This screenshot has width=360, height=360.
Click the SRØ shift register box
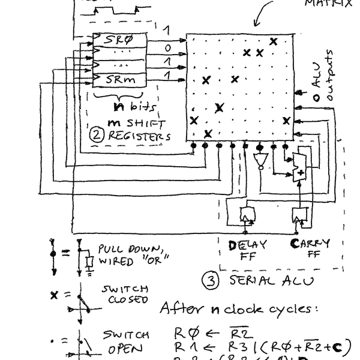click(120, 40)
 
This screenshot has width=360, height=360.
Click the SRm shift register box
click(120, 79)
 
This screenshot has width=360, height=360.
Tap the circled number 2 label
click(95, 135)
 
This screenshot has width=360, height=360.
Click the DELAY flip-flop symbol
click(246, 214)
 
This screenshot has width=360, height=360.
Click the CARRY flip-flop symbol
click(298, 214)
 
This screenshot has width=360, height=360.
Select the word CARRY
click(310, 244)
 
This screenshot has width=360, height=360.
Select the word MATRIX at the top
click(327, 3)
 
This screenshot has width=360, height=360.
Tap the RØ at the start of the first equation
click(182, 332)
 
